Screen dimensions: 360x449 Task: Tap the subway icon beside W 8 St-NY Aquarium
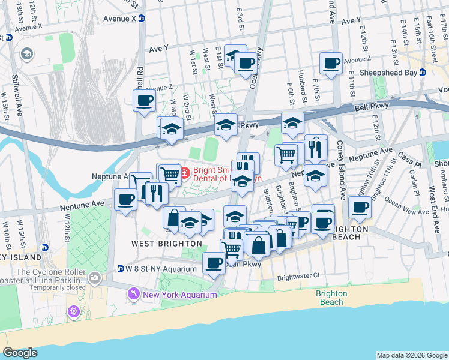pyautogui.click(x=120, y=269)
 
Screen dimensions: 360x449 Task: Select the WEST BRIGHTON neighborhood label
pyautogui.click(x=166, y=244)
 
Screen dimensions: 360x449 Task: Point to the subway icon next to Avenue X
pyautogui.click(x=142, y=19)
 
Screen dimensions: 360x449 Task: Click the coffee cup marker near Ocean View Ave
pyautogui.click(x=360, y=208)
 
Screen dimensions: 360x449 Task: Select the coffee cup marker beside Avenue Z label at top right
pyautogui.click(x=331, y=63)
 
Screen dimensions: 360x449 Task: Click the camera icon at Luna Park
pyautogui.click(x=94, y=278)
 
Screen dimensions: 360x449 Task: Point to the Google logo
pyautogui.click(x=20, y=353)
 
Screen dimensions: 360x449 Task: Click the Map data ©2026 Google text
pyautogui.click(x=411, y=355)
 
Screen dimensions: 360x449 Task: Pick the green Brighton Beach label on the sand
pyautogui.click(x=331, y=298)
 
